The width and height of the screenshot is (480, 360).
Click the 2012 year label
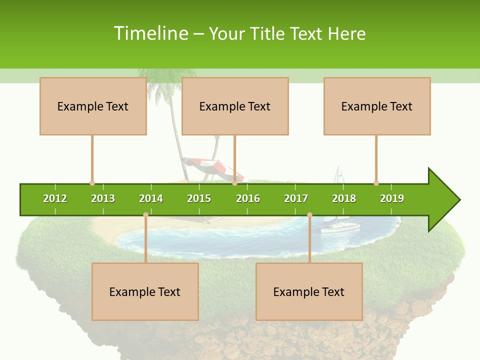click(55, 198)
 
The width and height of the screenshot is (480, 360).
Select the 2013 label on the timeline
click(103, 198)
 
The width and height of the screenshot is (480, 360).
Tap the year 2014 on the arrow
click(151, 198)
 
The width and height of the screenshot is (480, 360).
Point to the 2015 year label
click(199, 198)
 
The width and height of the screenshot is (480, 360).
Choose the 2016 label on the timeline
click(248, 198)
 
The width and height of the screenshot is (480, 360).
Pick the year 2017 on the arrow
click(296, 198)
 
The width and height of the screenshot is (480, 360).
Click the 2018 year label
click(344, 198)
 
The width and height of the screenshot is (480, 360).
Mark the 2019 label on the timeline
click(392, 198)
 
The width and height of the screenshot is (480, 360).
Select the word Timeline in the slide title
click(150, 33)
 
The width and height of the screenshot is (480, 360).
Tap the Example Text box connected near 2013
click(93, 106)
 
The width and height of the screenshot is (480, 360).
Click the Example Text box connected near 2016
click(235, 106)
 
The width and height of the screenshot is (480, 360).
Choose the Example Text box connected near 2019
click(377, 106)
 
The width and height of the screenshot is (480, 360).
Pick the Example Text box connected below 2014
click(145, 291)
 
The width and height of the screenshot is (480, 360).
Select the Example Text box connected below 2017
click(309, 291)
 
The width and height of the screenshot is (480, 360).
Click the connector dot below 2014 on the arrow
click(145, 214)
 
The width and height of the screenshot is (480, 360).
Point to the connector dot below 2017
click(309, 214)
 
